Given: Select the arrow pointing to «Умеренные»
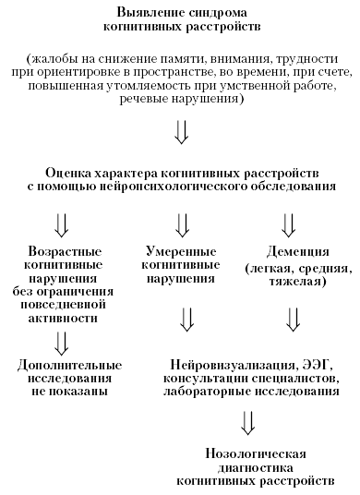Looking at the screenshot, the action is click(x=181, y=224).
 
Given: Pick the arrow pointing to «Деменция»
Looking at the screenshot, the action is click(x=289, y=224).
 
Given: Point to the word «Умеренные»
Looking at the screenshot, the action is click(x=184, y=251).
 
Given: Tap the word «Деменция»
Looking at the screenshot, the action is click(x=294, y=251).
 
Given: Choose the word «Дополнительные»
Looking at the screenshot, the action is click(x=64, y=363).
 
